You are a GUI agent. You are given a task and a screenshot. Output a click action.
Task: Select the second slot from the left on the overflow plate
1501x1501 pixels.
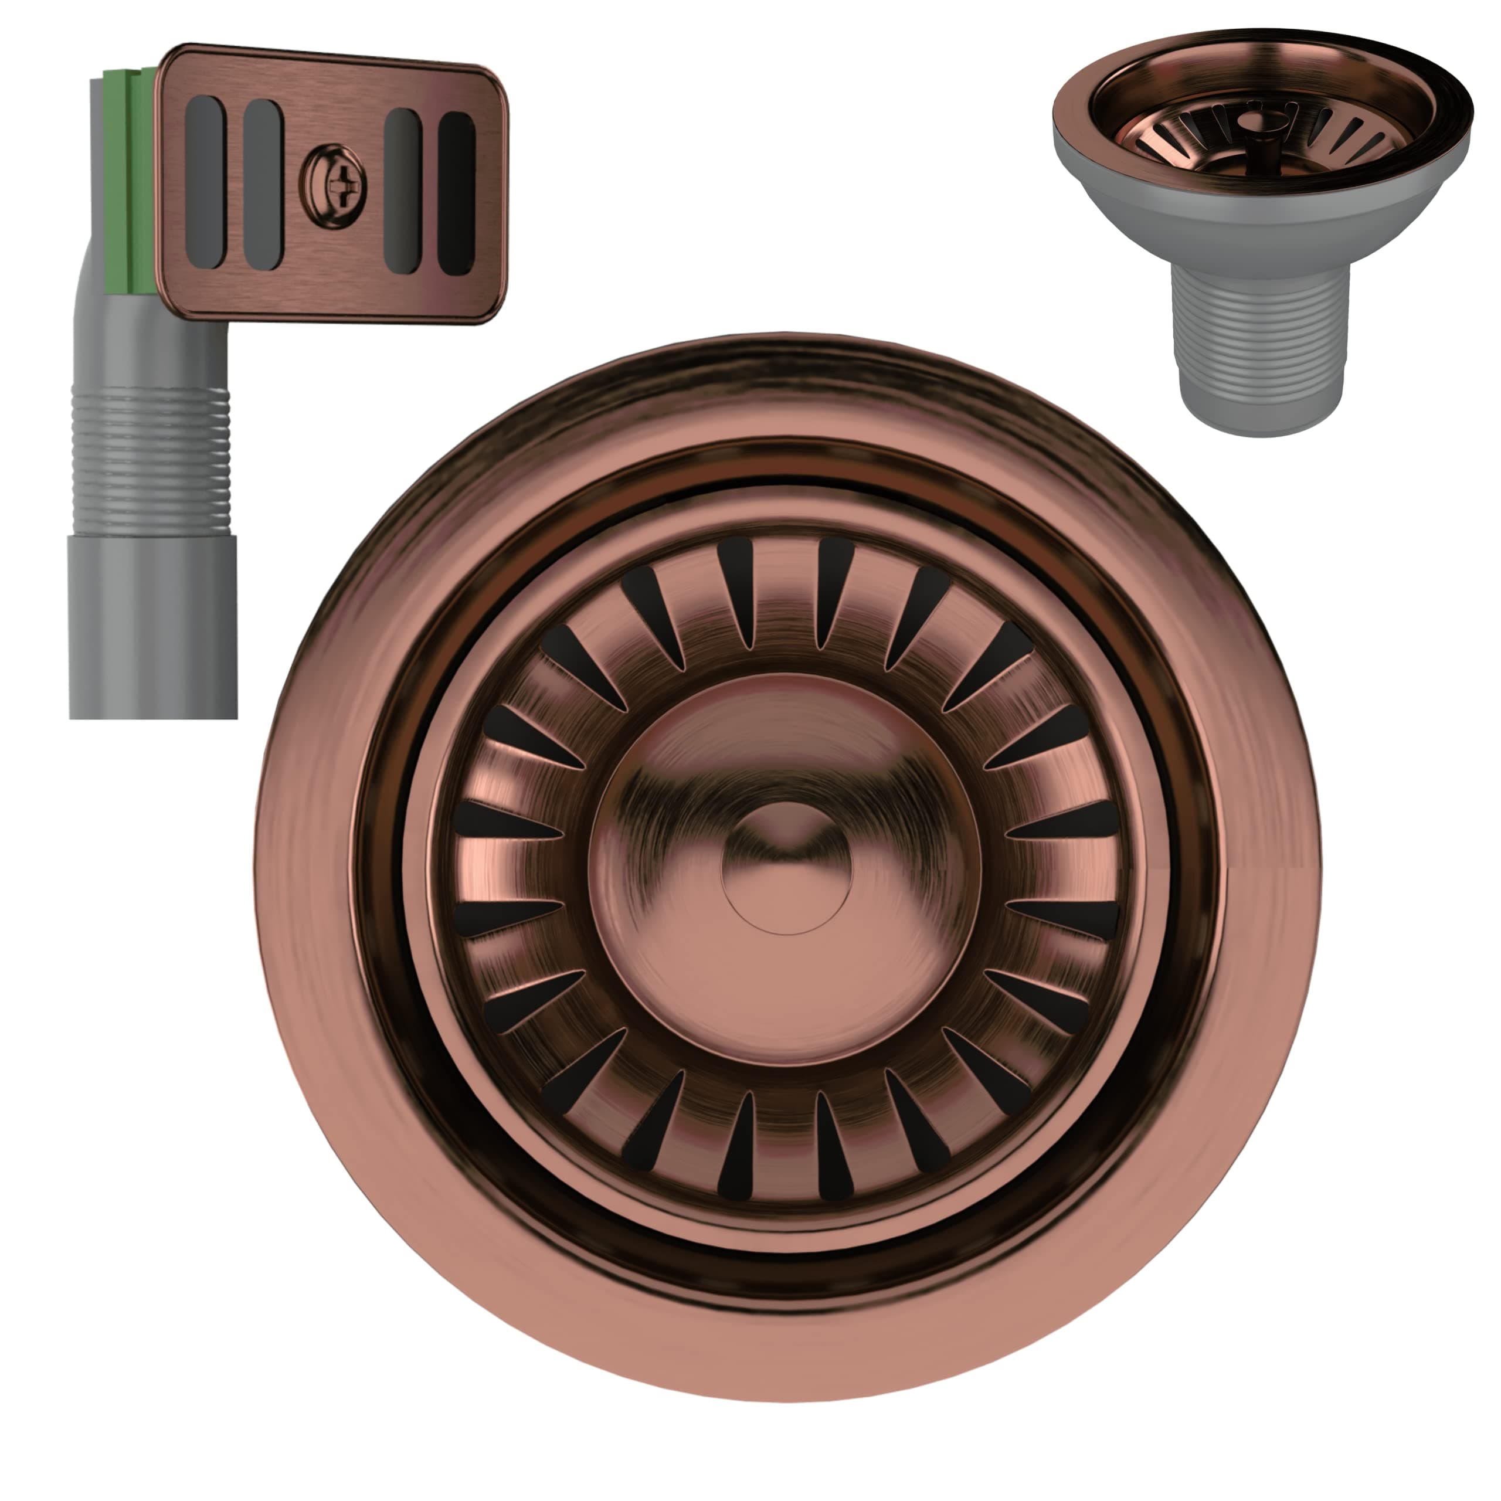262,185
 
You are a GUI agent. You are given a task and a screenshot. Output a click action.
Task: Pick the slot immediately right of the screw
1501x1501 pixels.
402,191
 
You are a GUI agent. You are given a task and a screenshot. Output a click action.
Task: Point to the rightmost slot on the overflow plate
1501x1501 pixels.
456,193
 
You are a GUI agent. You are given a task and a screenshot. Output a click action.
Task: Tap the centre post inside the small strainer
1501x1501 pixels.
1257,132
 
